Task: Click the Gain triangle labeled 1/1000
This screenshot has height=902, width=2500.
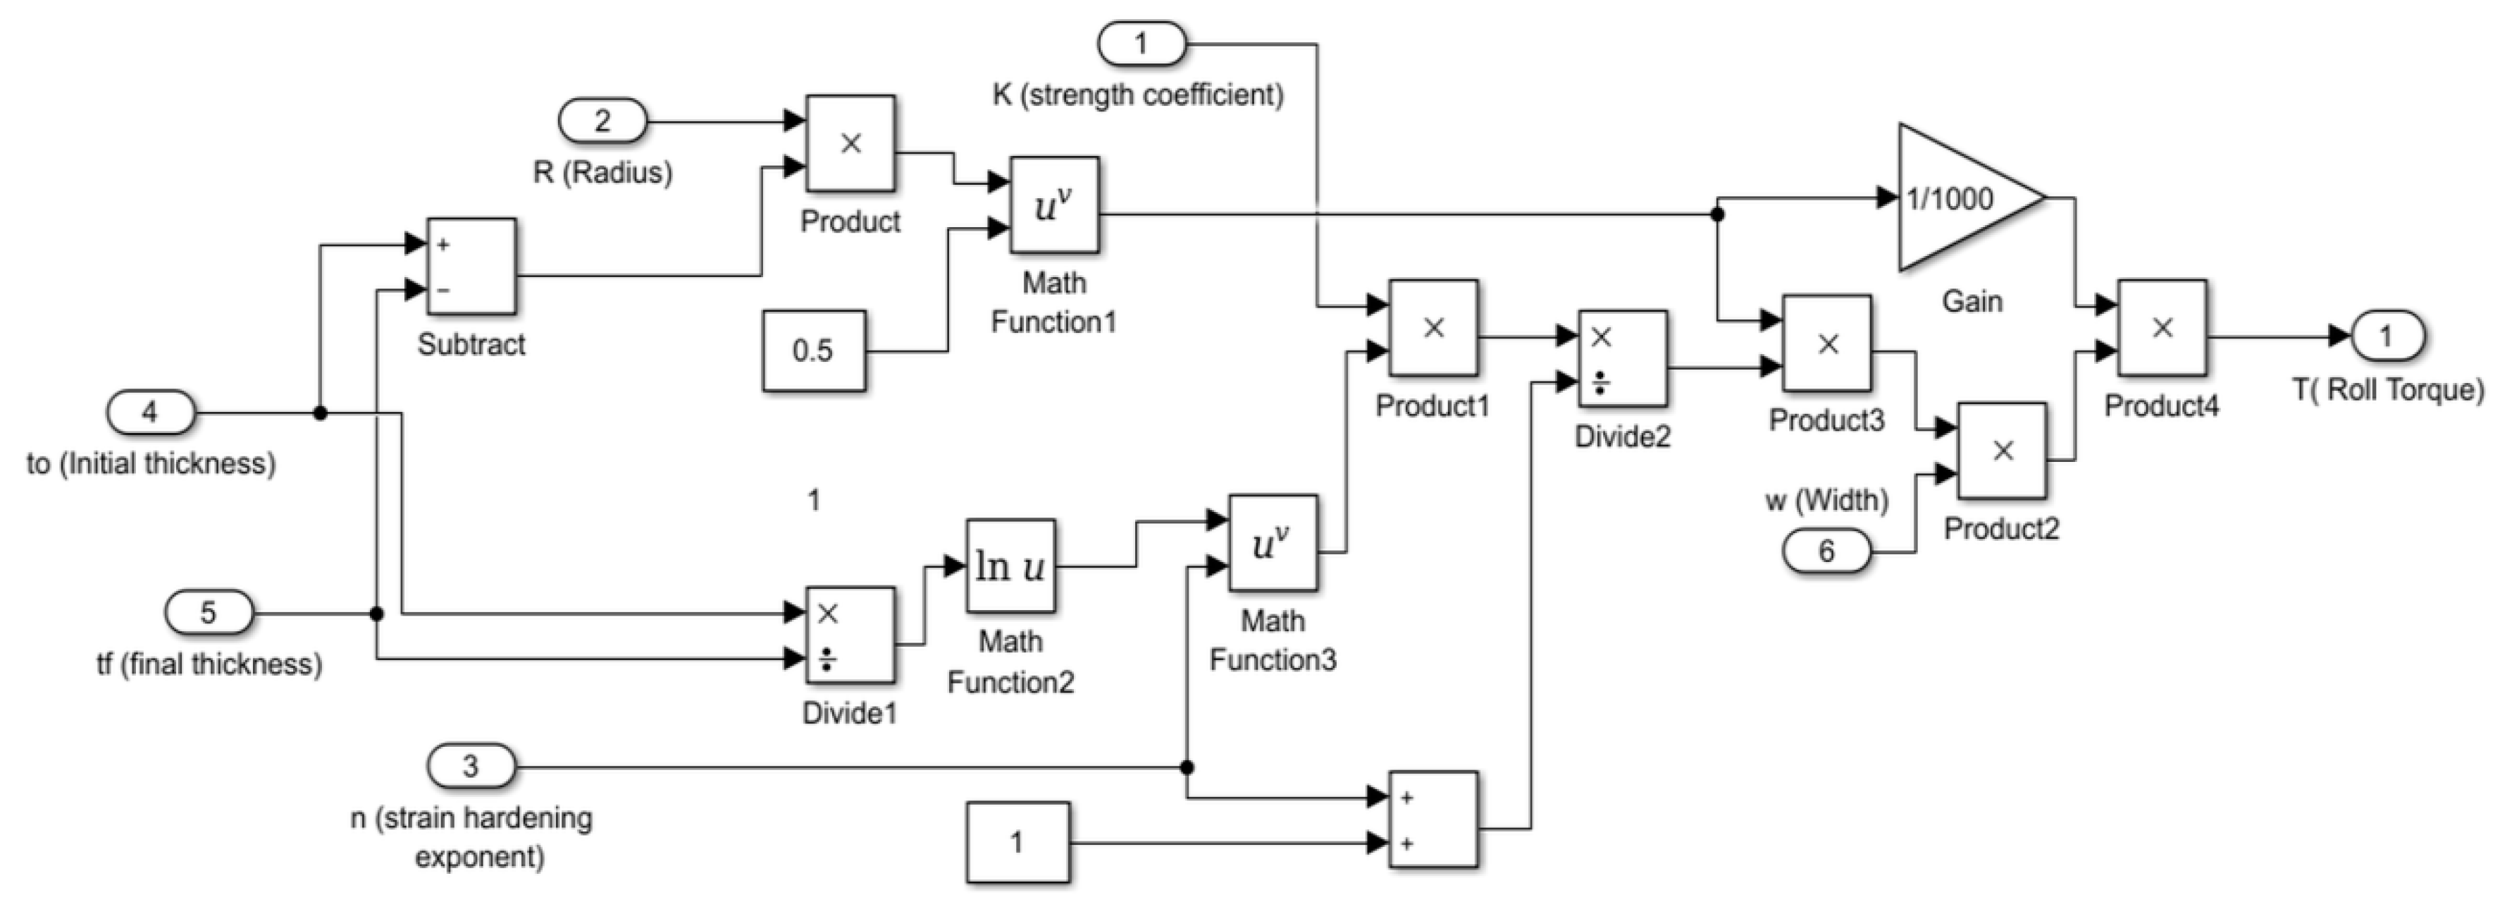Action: [1960, 198]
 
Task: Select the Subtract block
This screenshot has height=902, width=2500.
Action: [471, 266]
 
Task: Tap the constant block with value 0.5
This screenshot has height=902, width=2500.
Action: [813, 351]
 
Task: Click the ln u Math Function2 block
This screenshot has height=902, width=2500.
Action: [1010, 565]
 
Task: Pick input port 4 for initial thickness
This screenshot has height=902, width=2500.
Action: [150, 413]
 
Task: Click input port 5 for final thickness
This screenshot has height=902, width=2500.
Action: [209, 613]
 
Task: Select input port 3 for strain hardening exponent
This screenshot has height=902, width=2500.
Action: [471, 766]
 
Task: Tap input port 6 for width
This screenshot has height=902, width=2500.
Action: [1826, 551]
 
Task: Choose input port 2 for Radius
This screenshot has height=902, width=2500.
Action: [602, 121]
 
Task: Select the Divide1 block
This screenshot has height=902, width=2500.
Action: [850, 635]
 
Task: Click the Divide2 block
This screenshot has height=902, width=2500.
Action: [1622, 358]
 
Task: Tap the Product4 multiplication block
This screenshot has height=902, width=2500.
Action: [2161, 328]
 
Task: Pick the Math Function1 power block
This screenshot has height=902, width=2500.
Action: [1054, 205]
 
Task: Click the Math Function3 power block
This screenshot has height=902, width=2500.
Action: [1273, 543]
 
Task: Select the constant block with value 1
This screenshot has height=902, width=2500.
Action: [1017, 842]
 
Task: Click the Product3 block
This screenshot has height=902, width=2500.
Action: [1826, 343]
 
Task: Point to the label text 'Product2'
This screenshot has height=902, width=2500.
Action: [2000, 529]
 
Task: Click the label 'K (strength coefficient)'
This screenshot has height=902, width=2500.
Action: [1137, 95]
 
